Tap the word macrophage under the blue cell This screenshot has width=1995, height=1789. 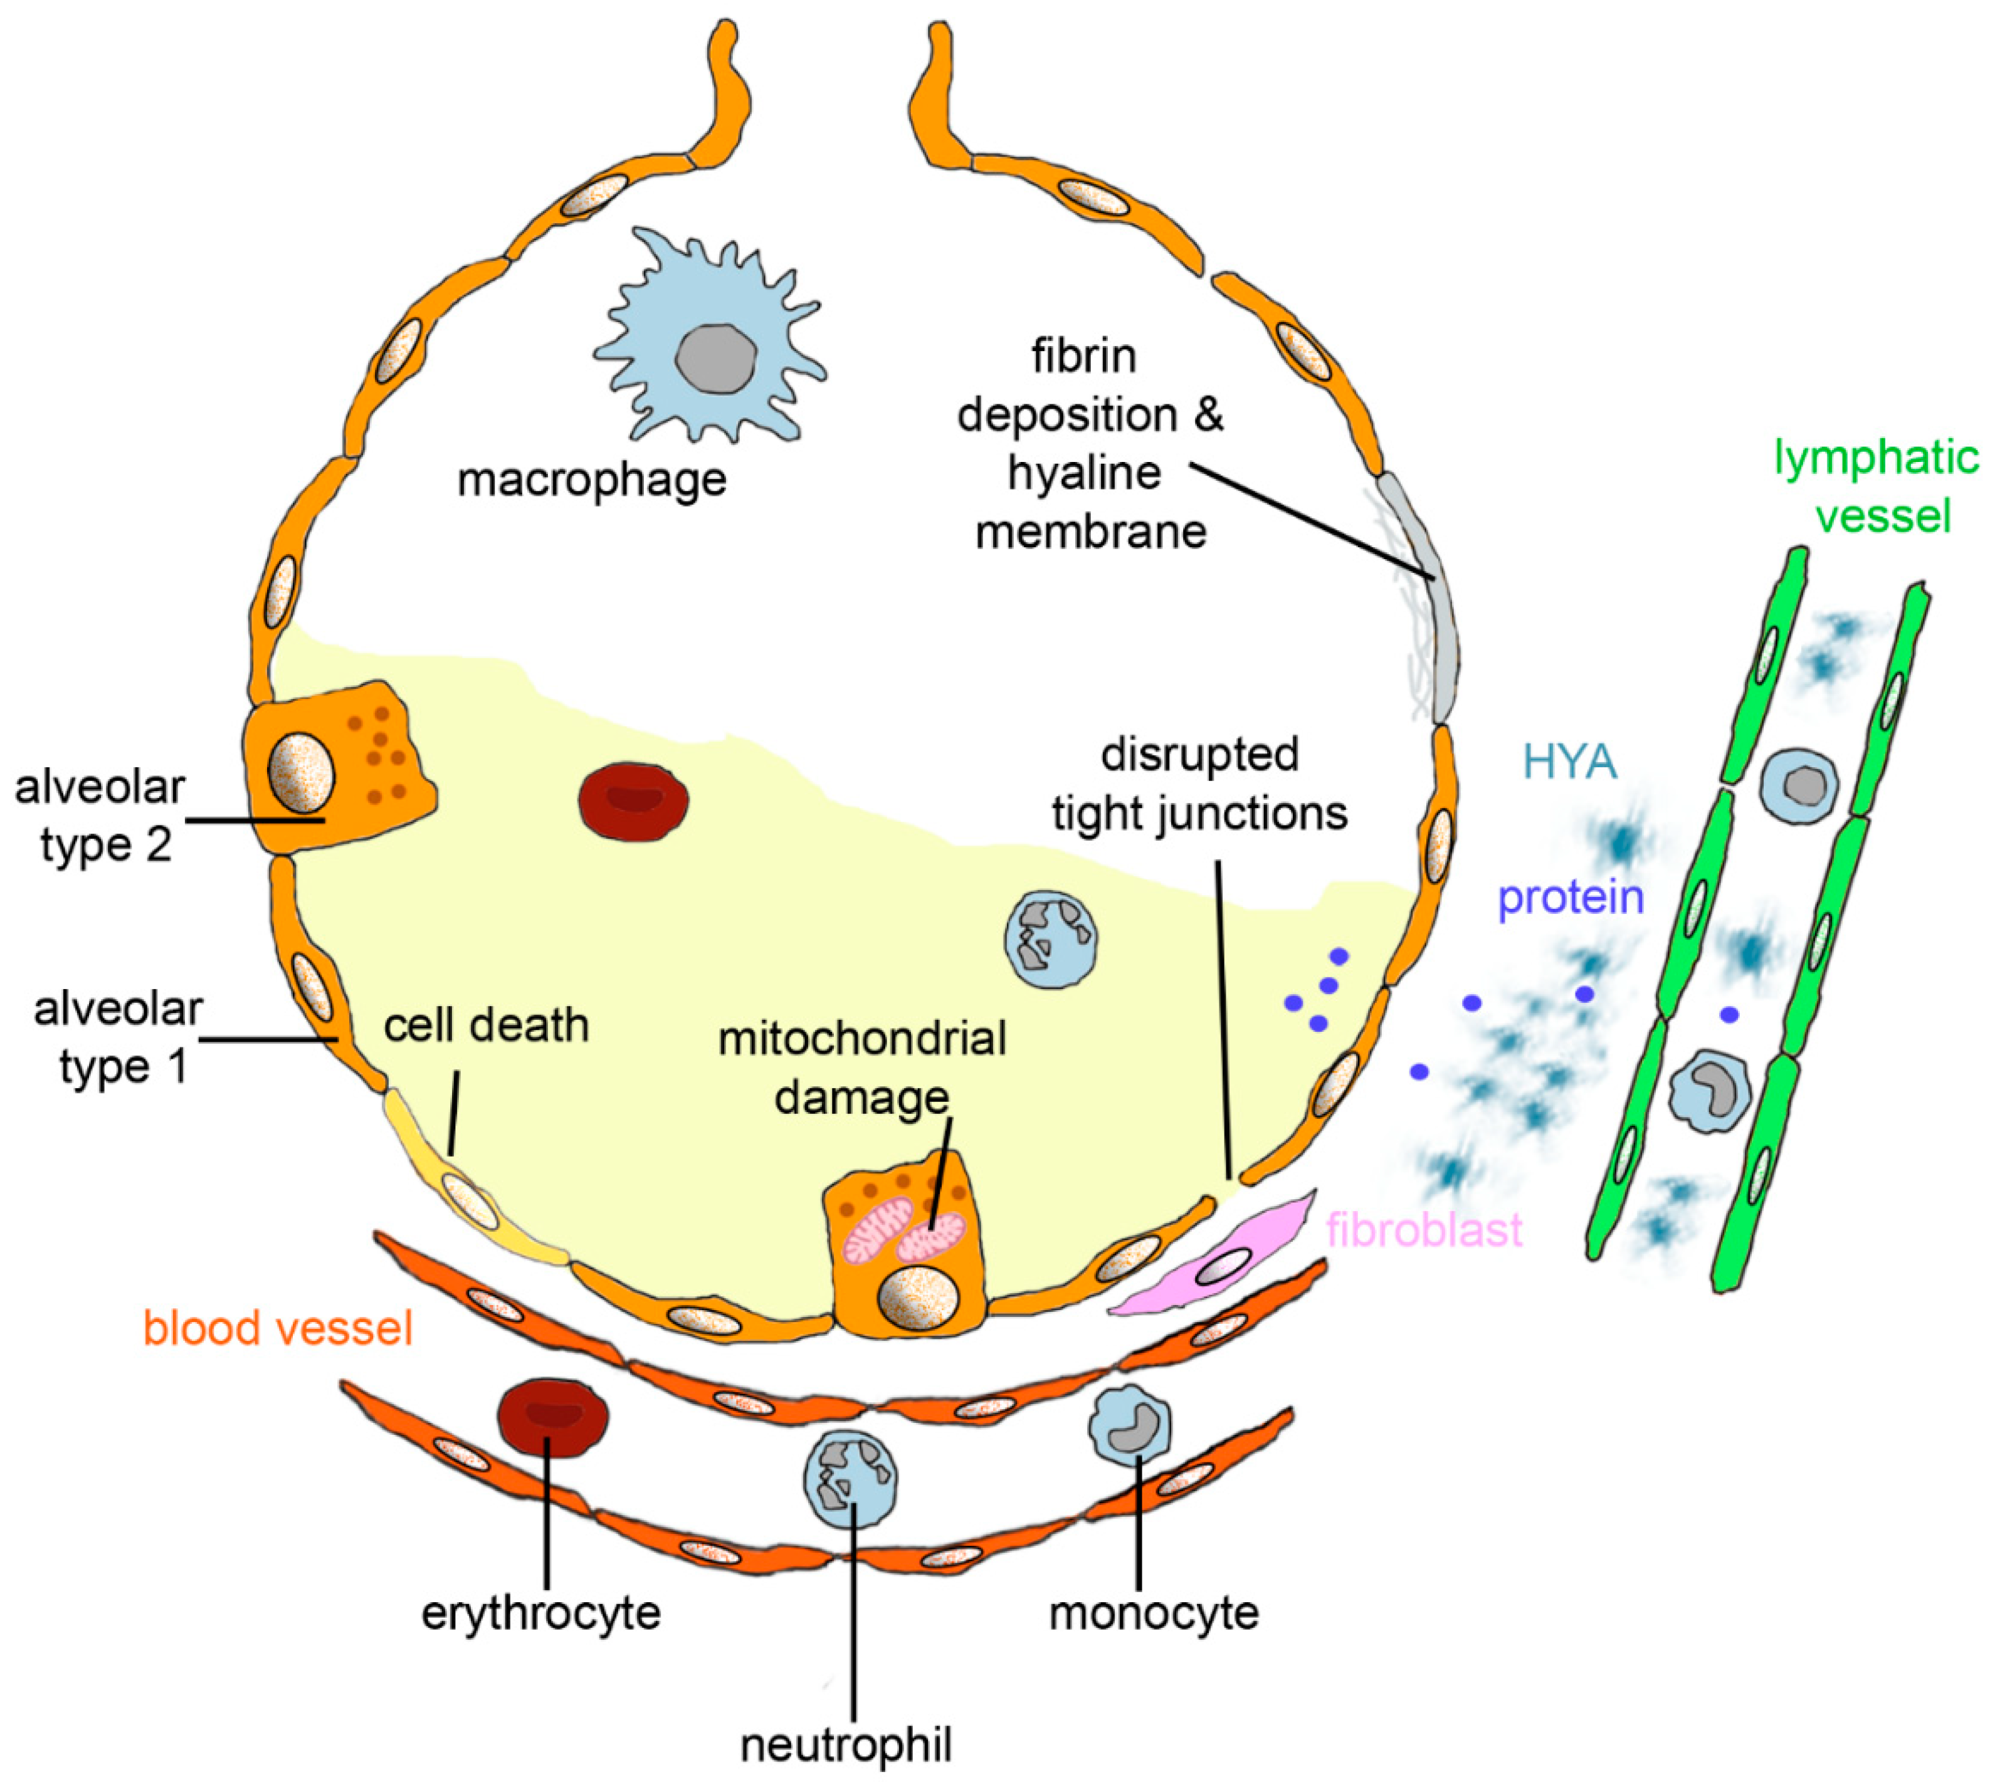pos(591,481)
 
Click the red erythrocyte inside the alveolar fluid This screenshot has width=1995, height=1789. pos(633,801)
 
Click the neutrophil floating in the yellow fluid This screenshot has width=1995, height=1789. pos(1050,939)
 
